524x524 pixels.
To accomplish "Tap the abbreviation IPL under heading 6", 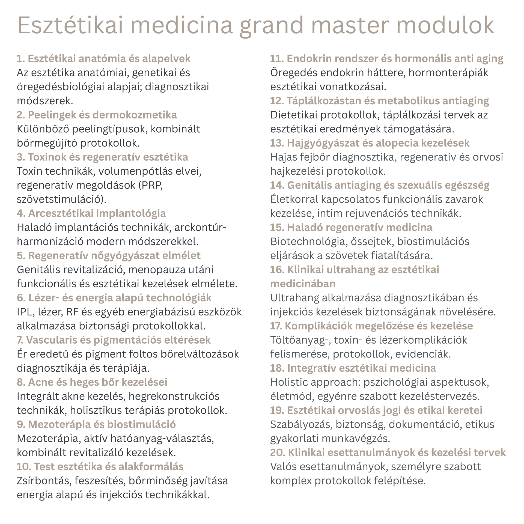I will [25, 312].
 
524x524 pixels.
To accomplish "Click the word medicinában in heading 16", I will [303, 284].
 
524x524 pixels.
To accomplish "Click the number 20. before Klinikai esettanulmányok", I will [278, 453].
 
